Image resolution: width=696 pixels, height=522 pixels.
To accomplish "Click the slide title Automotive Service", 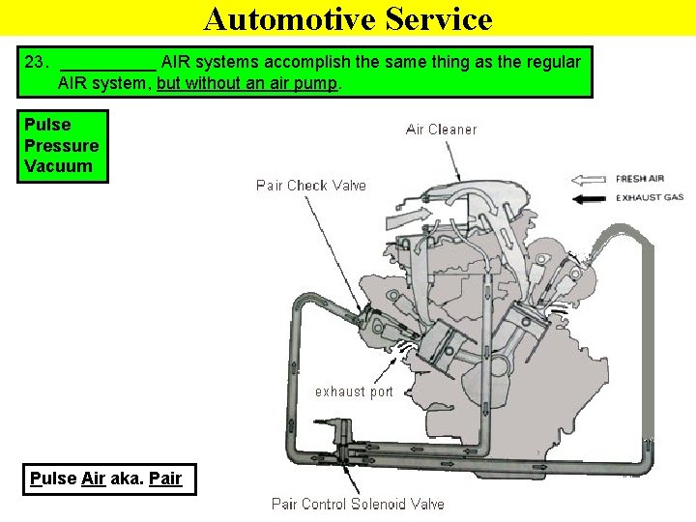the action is pos(348,18).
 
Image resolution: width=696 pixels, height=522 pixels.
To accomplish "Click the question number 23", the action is pos(36,62).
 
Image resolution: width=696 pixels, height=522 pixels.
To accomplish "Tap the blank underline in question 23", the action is pos(107,64).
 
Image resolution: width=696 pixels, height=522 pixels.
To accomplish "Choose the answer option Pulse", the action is pos(47,125).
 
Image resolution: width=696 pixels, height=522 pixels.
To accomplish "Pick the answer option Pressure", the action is pos(61,145).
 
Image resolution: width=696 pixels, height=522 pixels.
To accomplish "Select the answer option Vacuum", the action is pos(58,165).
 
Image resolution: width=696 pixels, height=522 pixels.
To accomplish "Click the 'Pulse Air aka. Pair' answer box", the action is pos(106,478).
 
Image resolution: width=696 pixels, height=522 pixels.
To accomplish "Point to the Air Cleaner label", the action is pos(441,130).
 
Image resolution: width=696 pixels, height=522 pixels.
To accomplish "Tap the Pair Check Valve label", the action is pos(311,185).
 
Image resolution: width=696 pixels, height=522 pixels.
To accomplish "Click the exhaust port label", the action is pos(354,391).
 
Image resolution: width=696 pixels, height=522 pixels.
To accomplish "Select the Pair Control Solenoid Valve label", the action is pos(358,504).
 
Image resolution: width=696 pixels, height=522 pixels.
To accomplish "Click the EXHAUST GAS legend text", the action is pos(650,198).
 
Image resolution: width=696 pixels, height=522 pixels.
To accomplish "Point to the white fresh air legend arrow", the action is pos(589,179).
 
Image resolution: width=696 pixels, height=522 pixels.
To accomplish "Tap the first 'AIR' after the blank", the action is pos(176,62).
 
